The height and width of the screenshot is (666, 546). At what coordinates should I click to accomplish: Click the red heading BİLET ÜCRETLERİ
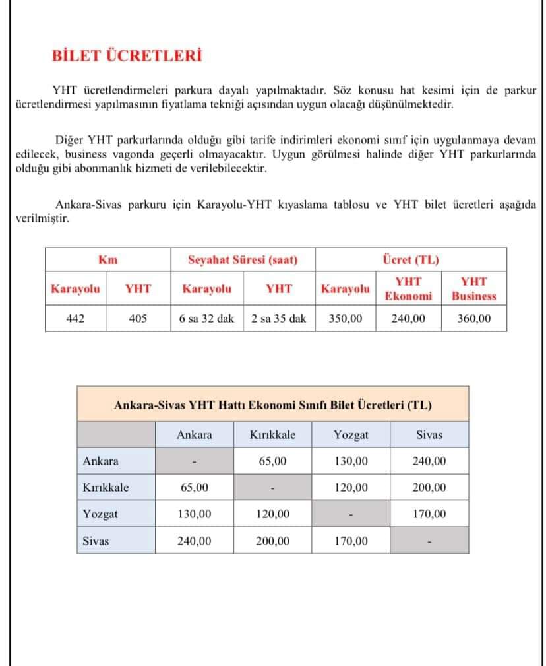[x=127, y=55]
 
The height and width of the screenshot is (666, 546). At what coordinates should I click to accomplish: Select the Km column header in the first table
[x=107, y=259]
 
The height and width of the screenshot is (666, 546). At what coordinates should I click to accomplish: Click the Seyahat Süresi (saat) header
[x=243, y=259]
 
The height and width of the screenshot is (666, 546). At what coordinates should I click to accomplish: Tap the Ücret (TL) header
[x=410, y=259]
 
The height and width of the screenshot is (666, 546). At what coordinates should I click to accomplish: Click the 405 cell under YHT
[x=138, y=318]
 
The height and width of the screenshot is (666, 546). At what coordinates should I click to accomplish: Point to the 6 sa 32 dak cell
[x=206, y=318]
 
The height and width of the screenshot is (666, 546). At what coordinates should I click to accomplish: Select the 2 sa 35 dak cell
[x=279, y=318]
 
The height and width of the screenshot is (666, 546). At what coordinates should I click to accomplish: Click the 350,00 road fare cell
[x=346, y=318]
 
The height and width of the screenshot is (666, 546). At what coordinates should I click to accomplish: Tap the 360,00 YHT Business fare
[x=474, y=318]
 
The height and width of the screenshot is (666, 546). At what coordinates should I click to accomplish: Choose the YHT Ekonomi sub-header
[x=408, y=288]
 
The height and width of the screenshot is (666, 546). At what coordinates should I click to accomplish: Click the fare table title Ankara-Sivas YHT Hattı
[x=273, y=405]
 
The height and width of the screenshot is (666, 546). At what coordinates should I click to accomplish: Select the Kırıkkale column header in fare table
[x=273, y=435]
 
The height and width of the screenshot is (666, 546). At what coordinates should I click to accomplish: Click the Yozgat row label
[x=96, y=514]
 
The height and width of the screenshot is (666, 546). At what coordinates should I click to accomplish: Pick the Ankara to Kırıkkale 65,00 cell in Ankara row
[x=273, y=461]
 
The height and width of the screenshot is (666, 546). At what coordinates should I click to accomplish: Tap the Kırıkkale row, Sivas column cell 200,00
[x=429, y=488]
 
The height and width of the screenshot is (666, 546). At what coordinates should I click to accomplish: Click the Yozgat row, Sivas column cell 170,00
[x=429, y=514]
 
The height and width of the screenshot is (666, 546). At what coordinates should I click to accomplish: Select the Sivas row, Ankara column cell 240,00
[x=195, y=541]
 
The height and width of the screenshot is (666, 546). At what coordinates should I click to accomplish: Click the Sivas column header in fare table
[x=429, y=435]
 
